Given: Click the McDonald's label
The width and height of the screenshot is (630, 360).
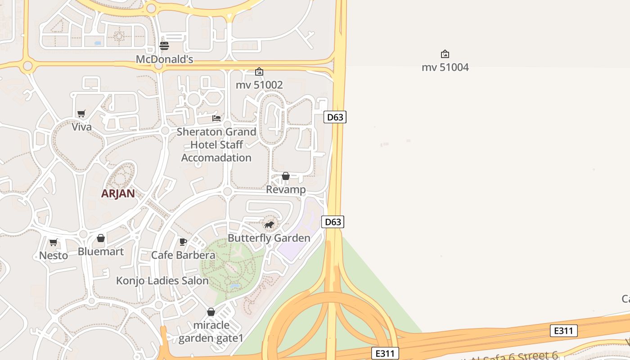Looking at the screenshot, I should tap(164, 59).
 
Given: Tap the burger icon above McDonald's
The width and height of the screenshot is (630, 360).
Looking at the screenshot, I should tap(164, 45).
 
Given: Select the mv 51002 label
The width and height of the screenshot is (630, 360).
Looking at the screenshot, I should tap(259, 85).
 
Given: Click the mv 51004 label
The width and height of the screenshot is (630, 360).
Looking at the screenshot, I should tap(445, 67).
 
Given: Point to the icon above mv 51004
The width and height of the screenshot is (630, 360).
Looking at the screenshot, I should tap(445, 54).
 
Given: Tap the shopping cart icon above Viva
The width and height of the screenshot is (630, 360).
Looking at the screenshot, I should tap(81, 113).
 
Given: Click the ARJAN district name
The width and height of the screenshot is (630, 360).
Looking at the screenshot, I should tap(118, 193).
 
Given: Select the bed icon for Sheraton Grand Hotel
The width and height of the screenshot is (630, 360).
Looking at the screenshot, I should tap(216, 118).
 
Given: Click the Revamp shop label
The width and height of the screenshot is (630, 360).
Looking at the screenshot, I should tap(286, 189).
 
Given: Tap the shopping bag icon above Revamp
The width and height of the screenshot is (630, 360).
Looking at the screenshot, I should tap(286, 176).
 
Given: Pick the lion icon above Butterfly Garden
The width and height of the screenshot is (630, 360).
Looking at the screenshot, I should tap(269, 225).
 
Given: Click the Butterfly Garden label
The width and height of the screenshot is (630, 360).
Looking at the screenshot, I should tap(269, 238).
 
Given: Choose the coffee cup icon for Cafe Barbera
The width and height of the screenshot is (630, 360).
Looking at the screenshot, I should tap(183, 242).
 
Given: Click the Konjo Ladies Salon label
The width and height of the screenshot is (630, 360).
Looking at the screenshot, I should tap(162, 281).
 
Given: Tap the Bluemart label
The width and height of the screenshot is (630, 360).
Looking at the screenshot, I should tap(101, 252).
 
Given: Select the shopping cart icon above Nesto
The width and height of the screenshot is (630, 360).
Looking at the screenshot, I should tap(54, 243).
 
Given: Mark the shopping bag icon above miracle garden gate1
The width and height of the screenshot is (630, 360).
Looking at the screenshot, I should tap(211, 312).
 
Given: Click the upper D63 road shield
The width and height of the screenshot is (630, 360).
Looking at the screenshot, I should tap(335, 117).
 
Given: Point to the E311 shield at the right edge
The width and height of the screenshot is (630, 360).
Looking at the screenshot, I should tap(563, 331).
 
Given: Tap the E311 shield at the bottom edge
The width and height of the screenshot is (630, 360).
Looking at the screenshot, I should tap(385, 353).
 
